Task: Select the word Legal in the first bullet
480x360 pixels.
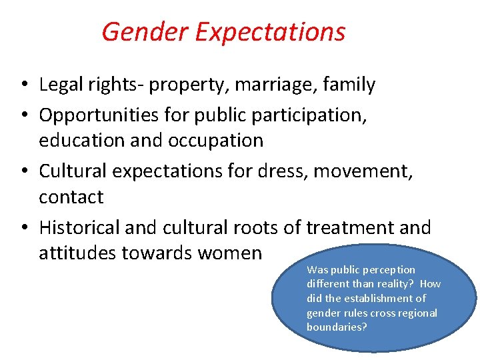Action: tap(57, 85)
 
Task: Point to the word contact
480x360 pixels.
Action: tap(71, 197)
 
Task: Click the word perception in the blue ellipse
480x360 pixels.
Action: tap(388, 270)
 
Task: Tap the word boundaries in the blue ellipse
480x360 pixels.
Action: tap(337, 327)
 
